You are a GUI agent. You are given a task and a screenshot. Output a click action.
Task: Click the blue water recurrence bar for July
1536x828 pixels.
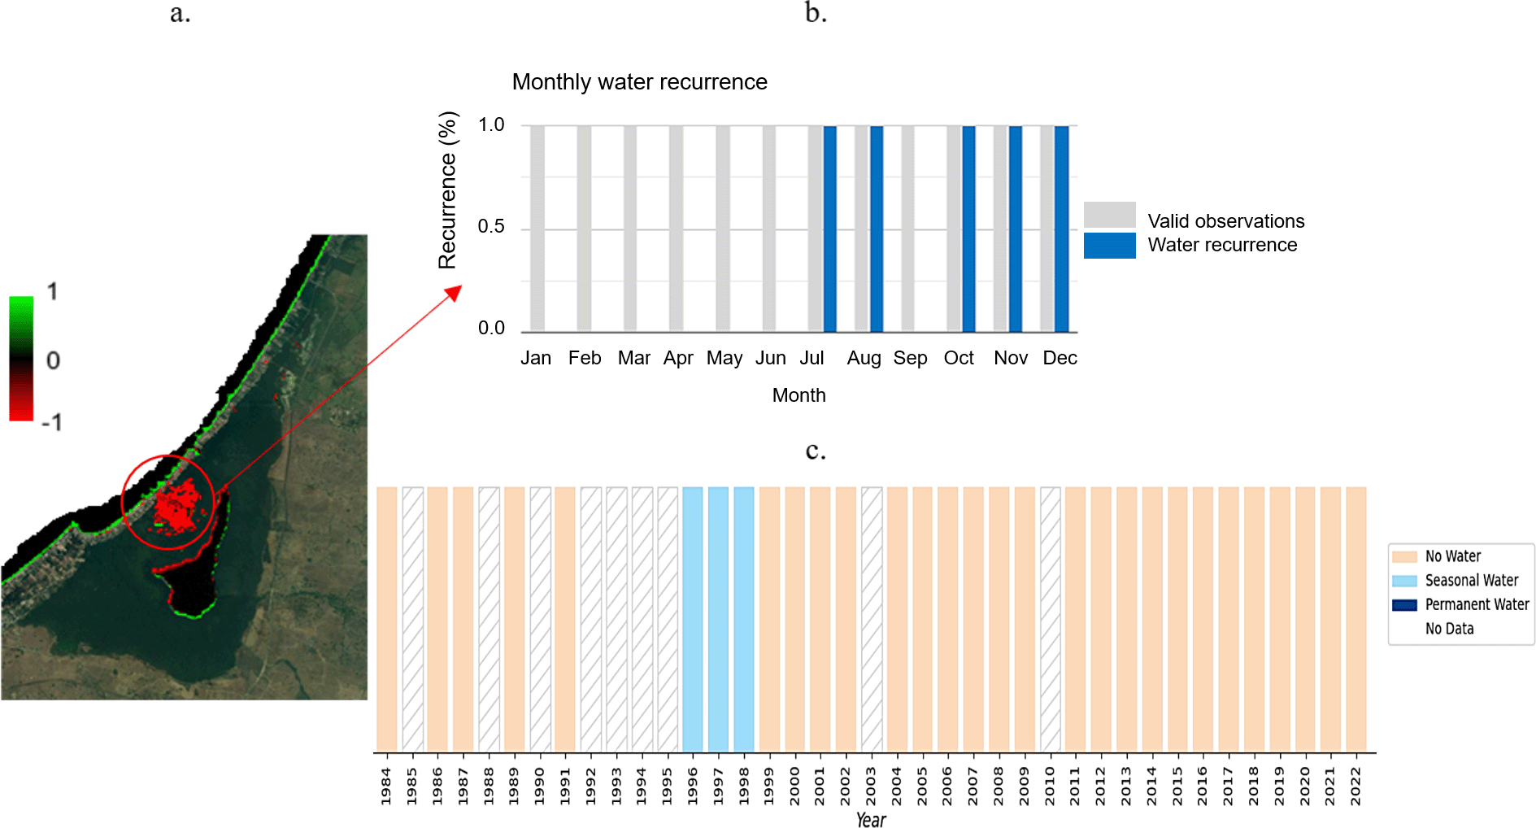click(829, 229)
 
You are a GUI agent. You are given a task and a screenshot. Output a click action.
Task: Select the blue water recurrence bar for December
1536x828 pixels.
click(1061, 229)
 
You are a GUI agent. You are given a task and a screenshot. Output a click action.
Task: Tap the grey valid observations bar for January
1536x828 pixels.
click(537, 229)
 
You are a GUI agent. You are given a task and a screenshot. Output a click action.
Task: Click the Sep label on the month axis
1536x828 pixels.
click(910, 358)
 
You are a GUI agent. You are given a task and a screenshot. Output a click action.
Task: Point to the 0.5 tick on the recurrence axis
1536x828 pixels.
click(491, 227)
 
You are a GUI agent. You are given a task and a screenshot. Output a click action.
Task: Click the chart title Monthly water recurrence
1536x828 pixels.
click(639, 82)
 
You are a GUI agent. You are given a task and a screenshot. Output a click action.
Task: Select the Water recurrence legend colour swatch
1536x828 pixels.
click(1109, 246)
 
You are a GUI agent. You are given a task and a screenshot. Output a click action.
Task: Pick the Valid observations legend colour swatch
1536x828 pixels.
click(1109, 215)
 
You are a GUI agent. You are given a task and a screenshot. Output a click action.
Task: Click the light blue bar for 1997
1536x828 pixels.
click(718, 618)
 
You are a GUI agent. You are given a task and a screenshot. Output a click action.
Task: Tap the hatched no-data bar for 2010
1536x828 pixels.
click(1050, 618)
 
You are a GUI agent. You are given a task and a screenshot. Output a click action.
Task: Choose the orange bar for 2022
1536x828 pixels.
click(1355, 618)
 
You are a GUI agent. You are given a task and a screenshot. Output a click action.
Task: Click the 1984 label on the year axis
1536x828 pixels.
click(386, 786)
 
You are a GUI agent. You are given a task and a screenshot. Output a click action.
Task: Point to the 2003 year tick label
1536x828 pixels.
click(871, 786)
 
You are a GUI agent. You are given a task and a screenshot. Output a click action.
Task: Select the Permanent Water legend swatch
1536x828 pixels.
click(1404, 605)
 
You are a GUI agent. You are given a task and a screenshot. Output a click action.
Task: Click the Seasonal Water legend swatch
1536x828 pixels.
click(1404, 581)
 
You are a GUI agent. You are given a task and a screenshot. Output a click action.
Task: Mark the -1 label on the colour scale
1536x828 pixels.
click(51, 422)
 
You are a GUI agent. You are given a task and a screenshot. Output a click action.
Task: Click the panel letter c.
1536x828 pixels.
click(816, 450)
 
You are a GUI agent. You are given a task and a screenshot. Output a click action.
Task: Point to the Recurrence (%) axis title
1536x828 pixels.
click(448, 190)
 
